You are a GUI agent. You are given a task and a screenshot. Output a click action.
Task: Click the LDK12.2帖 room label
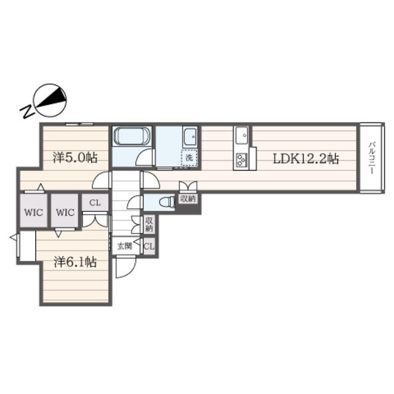coord(306,159)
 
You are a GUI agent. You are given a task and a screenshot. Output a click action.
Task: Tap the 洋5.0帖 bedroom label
coord(75,158)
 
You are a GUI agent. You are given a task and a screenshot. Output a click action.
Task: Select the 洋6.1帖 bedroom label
coord(75,262)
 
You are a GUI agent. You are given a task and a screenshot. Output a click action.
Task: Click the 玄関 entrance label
coord(124,246)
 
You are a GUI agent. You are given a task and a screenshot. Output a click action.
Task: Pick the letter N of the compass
coord(27,111)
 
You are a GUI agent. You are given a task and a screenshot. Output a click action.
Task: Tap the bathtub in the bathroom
coord(132,137)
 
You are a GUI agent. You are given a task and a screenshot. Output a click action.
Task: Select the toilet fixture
coord(167,202)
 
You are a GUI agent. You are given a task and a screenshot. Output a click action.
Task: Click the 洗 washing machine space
coord(189,158)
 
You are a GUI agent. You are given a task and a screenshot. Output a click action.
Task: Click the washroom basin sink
coord(190,137)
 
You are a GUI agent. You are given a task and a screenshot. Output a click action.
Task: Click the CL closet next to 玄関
coord(149,246)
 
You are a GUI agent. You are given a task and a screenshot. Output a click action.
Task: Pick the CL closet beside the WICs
coord(95,203)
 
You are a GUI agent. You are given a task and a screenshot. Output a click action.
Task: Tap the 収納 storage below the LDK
coord(188,199)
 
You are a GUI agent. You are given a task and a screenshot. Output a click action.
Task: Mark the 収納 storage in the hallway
coord(149,224)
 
